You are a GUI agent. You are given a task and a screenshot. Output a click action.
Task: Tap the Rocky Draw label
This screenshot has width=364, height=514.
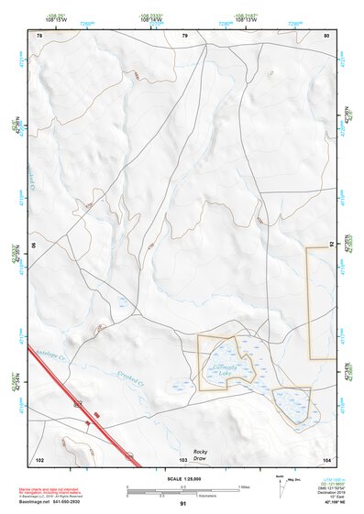point(201,454)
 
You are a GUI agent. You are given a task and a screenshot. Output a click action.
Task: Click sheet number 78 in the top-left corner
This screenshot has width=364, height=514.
point(39,35)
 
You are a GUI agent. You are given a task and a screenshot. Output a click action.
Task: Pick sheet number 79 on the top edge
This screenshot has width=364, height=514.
point(184,35)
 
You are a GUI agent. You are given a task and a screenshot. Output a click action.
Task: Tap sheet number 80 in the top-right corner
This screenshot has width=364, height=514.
point(325,35)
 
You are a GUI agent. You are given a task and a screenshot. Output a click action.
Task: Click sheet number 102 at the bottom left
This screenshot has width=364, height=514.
point(39,458)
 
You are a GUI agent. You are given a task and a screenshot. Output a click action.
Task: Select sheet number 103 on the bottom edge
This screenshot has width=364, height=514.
point(183,458)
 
